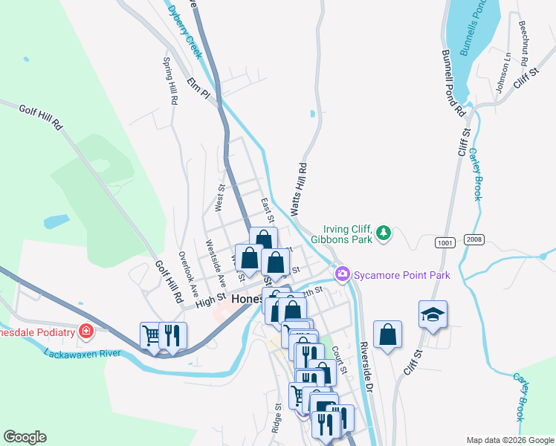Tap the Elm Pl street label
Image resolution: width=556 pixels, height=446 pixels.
[x=200, y=86]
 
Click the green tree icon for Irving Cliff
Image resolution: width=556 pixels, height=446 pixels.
[x=384, y=233]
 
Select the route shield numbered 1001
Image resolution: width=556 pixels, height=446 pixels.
[x=445, y=242]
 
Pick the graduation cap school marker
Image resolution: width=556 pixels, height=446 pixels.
[x=433, y=314]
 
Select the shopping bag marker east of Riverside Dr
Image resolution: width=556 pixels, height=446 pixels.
[x=387, y=334]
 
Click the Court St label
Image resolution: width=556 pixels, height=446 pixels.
[x=340, y=360]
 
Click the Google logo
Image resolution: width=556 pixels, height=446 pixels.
[x=25, y=437]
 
